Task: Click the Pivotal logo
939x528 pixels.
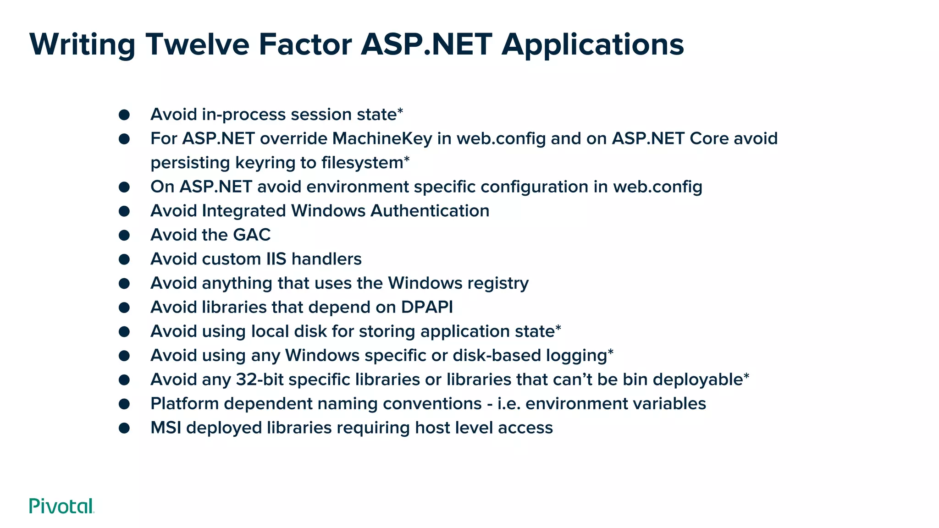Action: (x=61, y=506)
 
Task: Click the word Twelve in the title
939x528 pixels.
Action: (x=198, y=44)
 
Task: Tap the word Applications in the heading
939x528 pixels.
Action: (x=592, y=44)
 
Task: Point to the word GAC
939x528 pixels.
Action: (x=252, y=235)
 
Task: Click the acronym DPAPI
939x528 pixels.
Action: (x=427, y=307)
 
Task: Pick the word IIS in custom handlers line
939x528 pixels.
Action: (x=276, y=259)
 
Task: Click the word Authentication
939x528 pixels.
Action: (x=430, y=211)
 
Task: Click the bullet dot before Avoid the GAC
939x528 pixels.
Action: (x=124, y=235)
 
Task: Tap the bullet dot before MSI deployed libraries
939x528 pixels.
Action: (x=124, y=428)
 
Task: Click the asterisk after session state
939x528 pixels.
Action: (x=400, y=111)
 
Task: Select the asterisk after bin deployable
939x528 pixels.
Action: (x=746, y=376)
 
